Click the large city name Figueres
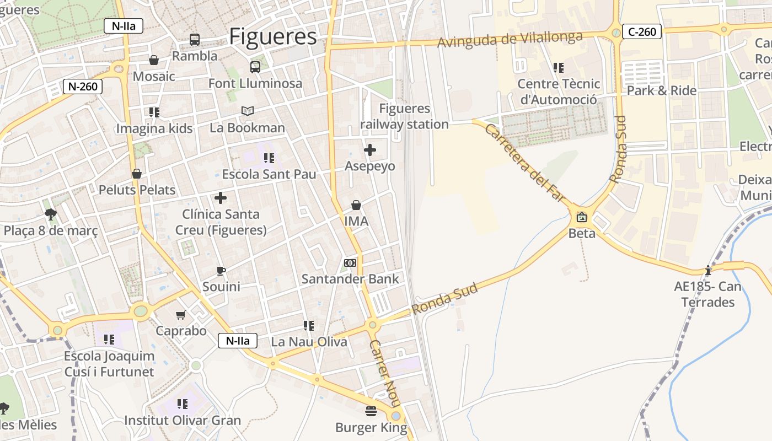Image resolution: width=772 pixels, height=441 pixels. pyautogui.click(x=273, y=36)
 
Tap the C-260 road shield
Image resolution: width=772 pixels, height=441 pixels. pyautogui.click(x=642, y=31)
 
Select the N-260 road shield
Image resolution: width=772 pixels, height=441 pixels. pyautogui.click(x=83, y=87)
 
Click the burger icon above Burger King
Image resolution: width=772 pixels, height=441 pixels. pyautogui.click(x=371, y=411)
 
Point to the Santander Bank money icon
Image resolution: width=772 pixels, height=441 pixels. pyautogui.click(x=350, y=263)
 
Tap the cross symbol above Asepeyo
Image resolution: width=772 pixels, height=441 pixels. pyautogui.click(x=370, y=149)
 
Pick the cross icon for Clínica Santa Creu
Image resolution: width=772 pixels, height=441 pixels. pyautogui.click(x=221, y=198)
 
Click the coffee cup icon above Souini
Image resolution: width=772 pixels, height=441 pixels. pyautogui.click(x=221, y=271)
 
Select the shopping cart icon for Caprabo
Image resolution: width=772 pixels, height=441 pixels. pyautogui.click(x=180, y=315)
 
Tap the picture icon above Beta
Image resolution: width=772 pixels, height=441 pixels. pyautogui.click(x=581, y=217)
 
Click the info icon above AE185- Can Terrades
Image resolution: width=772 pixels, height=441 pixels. pyautogui.click(x=708, y=271)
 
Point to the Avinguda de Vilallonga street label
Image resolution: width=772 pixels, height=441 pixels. pyautogui.click(x=510, y=39)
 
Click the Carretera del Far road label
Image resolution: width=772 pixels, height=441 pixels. pyautogui.click(x=526, y=163)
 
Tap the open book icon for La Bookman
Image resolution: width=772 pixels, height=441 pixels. pyautogui.click(x=248, y=111)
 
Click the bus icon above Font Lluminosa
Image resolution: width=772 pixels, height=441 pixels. pyautogui.click(x=255, y=67)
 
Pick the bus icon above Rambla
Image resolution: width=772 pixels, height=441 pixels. pyautogui.click(x=195, y=40)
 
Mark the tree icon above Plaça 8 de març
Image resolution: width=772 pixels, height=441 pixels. pyautogui.click(x=51, y=214)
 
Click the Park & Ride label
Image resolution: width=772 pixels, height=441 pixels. pyautogui.click(x=662, y=90)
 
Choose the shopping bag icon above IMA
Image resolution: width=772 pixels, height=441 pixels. pyautogui.click(x=356, y=205)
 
